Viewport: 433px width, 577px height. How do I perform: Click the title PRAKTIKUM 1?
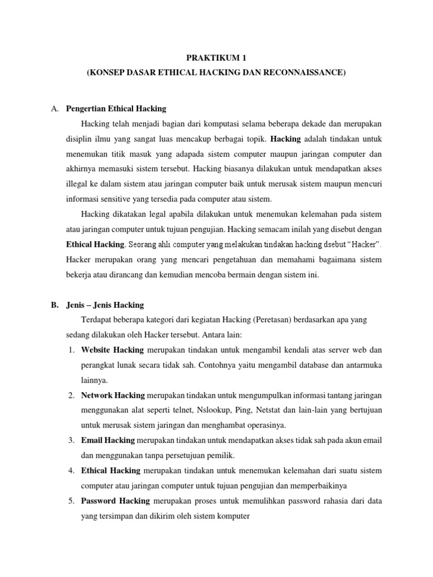(x=216, y=57)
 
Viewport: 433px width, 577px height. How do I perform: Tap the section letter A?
(x=54, y=108)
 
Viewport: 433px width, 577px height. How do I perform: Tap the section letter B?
(x=54, y=305)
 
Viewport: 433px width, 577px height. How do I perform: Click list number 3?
(x=72, y=440)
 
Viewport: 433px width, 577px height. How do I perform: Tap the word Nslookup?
(x=202, y=410)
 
